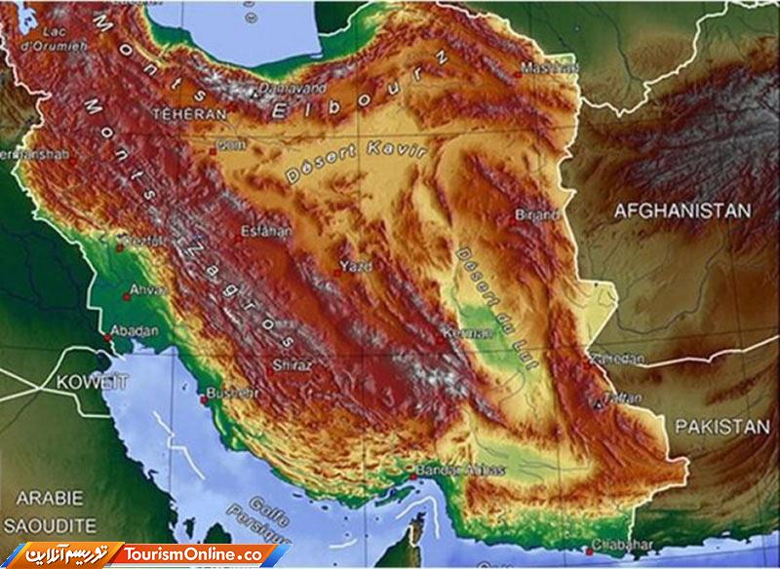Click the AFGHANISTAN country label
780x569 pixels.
(x=682, y=210)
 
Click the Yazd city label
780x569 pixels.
(x=354, y=265)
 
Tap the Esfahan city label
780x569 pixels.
(x=266, y=232)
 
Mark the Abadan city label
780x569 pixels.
(x=135, y=331)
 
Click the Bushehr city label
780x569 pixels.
(x=231, y=393)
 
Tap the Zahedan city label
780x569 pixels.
(x=618, y=360)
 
